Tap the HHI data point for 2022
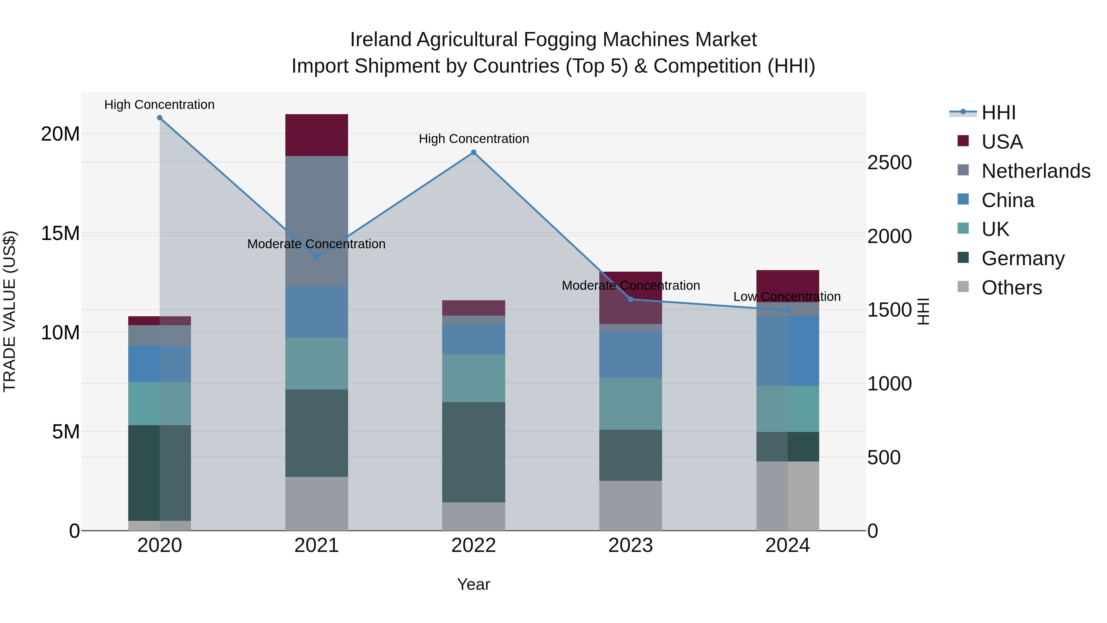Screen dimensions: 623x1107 pos(474,152)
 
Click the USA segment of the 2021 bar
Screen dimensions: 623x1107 pos(317,135)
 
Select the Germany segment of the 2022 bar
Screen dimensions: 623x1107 pos(474,452)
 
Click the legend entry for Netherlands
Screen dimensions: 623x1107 pos(1036,171)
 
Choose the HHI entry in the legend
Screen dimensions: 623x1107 pos(998,113)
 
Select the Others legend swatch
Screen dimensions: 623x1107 pos(963,287)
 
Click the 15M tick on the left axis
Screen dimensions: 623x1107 pos(60,234)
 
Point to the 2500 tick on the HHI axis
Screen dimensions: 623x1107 pos(889,162)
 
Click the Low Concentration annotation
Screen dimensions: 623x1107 pos(787,297)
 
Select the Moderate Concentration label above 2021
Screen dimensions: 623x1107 pos(316,244)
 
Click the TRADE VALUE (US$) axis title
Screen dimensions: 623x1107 pos(10,311)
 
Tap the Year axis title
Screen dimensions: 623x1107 pos(474,584)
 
